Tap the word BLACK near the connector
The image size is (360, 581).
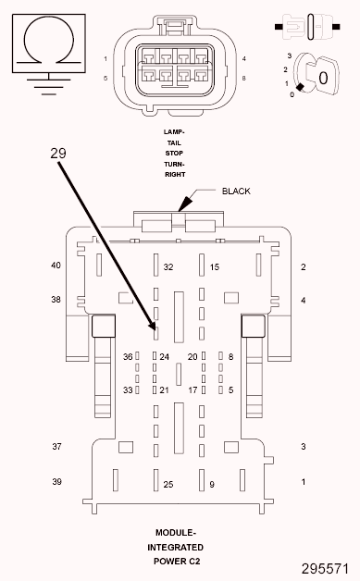[x=236, y=192]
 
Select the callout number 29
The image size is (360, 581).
[x=57, y=153]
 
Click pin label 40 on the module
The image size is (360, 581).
[x=56, y=266]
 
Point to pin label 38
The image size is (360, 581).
[x=56, y=300]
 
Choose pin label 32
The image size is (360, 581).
[x=168, y=266]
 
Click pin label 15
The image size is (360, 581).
[x=215, y=266]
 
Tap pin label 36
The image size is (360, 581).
[x=128, y=356]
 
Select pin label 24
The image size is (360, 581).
[x=164, y=357]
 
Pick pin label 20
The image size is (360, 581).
[x=192, y=357]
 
